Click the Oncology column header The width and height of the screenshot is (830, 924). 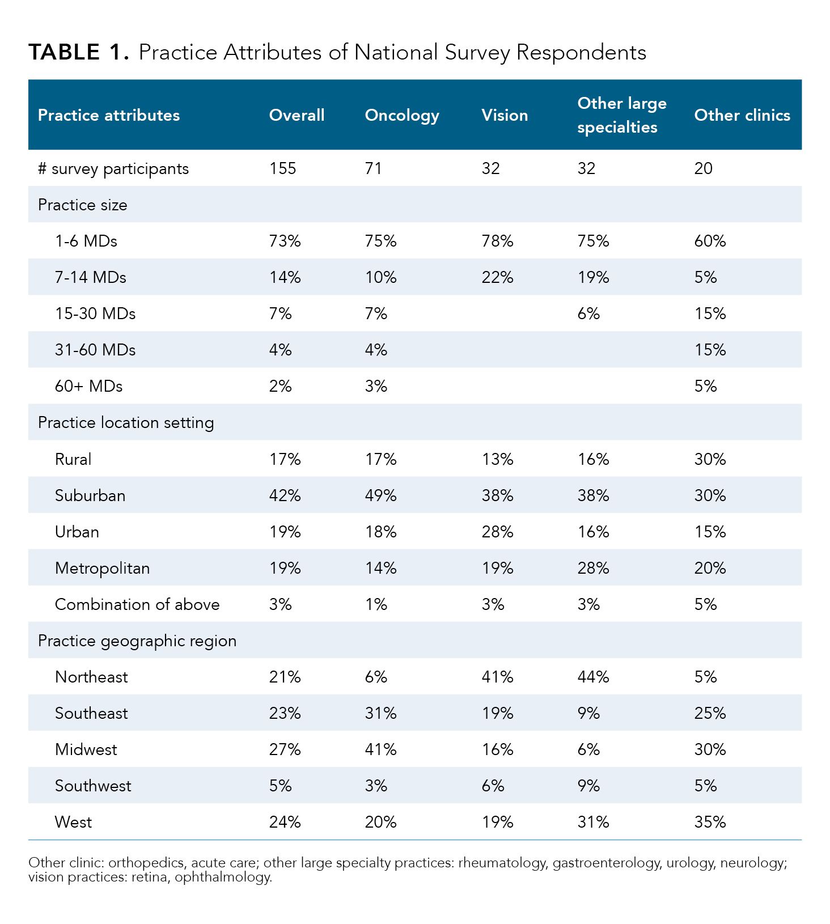(402, 115)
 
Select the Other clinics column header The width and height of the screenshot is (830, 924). (742, 115)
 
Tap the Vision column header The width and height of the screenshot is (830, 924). (505, 115)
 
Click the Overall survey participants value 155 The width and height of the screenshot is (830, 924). (282, 168)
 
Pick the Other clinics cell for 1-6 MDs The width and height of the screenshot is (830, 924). (710, 241)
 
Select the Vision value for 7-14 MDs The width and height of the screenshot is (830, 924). (497, 277)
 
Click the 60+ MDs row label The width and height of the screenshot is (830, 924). (88, 386)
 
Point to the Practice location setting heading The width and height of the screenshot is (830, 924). (126, 422)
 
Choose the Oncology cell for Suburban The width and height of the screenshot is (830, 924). (380, 495)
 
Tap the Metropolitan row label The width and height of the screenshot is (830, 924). (102, 568)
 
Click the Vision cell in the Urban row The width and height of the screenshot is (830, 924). (497, 532)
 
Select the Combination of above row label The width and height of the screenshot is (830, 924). (137, 604)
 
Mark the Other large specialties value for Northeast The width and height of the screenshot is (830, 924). (593, 677)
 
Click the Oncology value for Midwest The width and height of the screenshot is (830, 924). (380, 749)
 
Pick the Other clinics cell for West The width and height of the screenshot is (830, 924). (710, 822)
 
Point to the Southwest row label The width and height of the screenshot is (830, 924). (93, 786)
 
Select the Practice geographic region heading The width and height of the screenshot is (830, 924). (137, 641)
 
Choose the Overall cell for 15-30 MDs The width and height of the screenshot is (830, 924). (280, 313)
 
